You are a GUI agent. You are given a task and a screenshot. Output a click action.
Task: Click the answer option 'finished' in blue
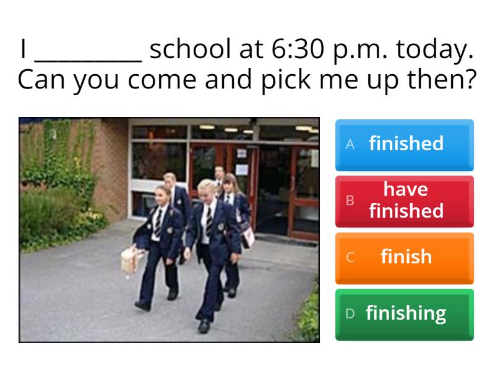406,143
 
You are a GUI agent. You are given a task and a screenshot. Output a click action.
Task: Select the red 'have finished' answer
406,200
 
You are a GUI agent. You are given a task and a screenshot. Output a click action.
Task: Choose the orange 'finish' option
406,257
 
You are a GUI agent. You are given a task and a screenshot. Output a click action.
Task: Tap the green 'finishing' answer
406,313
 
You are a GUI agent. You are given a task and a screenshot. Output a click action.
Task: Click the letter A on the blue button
350,144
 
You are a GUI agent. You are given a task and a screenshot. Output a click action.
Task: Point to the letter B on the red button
350,200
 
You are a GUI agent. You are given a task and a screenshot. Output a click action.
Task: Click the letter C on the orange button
350,257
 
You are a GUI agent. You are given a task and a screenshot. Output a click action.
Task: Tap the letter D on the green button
350,313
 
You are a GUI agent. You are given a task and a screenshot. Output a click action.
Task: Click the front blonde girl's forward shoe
204,325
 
